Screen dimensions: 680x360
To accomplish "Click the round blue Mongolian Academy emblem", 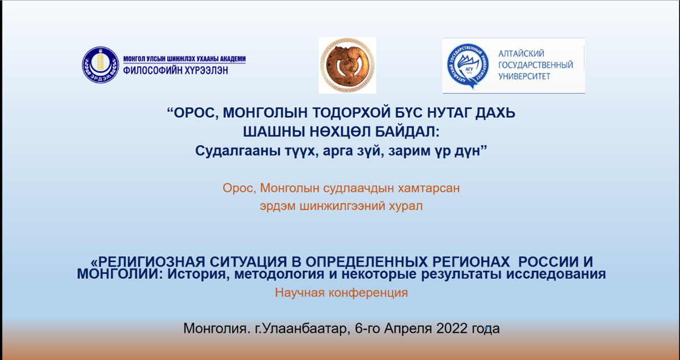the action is pos(100,65).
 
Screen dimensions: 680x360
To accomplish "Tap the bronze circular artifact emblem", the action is pos(347,65).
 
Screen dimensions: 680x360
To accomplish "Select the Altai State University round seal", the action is pos(468,66).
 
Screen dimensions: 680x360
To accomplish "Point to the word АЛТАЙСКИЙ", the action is pos(521,54).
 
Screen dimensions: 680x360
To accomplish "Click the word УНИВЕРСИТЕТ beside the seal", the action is pos(524,77).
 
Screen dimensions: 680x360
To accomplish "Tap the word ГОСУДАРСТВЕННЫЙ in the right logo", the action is pos(536,65).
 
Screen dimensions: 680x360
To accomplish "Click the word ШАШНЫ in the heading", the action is pos(273,132).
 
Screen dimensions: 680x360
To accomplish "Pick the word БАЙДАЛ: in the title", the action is pos(407,132).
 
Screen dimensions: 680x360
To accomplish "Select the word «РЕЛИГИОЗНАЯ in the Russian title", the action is pos(147,261).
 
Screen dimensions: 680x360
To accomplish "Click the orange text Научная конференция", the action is pos(341,293).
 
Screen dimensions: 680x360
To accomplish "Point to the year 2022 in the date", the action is pos(452,328).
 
